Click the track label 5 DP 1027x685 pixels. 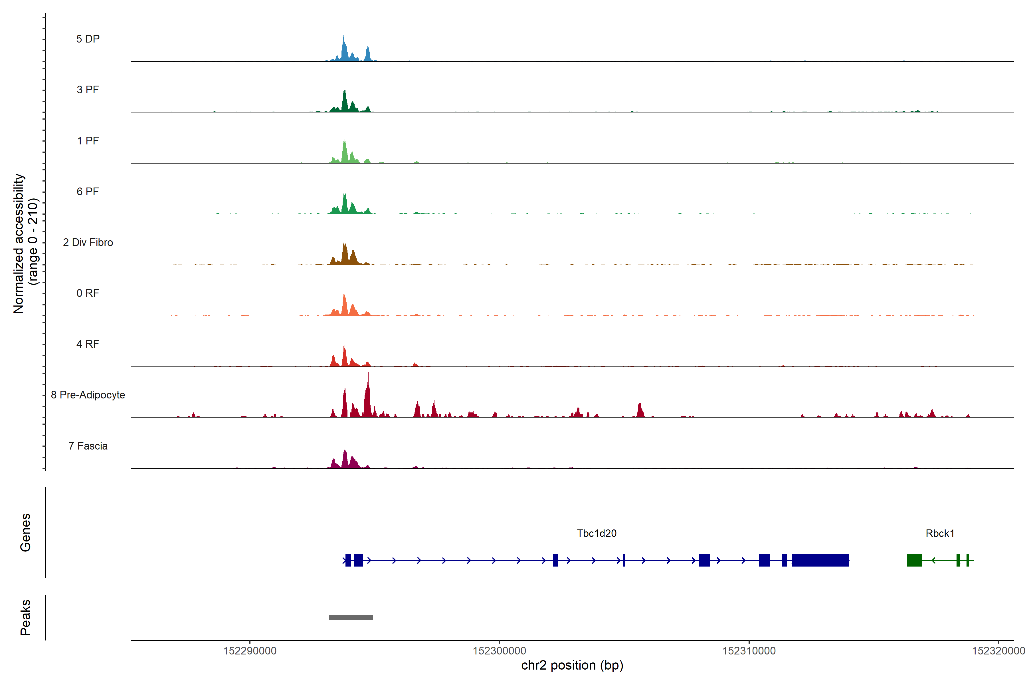(x=88, y=39)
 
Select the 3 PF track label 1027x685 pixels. (x=88, y=90)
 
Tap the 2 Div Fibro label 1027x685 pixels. (x=88, y=242)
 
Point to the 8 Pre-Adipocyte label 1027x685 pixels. (x=88, y=395)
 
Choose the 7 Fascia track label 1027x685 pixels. (x=88, y=446)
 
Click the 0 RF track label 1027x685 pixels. (x=88, y=293)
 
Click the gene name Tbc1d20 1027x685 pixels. (x=597, y=533)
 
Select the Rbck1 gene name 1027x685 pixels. (x=940, y=533)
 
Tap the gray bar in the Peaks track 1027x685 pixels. (x=351, y=618)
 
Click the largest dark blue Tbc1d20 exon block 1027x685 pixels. (x=820, y=560)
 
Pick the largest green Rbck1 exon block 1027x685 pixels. (x=914, y=560)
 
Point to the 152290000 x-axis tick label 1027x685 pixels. (x=250, y=651)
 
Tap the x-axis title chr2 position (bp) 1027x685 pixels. (x=572, y=665)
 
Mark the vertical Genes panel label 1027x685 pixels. (x=25, y=533)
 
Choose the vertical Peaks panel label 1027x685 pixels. (x=25, y=617)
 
